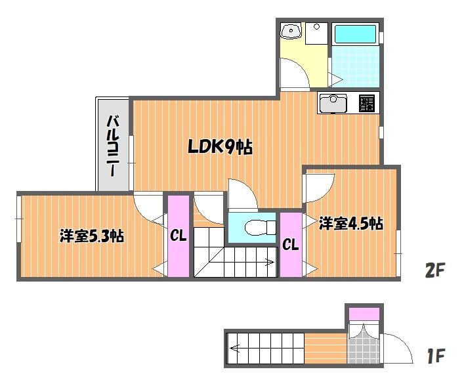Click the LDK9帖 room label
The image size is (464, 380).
(x=221, y=147)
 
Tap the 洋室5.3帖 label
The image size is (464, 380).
(x=92, y=236)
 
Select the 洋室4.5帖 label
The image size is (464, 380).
(x=351, y=224)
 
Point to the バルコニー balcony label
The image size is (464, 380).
(x=112, y=146)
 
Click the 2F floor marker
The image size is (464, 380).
(x=435, y=270)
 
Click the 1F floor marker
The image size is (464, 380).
(x=436, y=356)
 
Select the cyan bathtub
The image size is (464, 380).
(x=355, y=34)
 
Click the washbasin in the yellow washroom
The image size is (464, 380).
(x=291, y=31)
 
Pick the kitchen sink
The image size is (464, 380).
(x=333, y=104)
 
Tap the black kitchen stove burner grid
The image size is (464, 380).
(x=367, y=103)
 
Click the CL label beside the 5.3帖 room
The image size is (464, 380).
(x=178, y=236)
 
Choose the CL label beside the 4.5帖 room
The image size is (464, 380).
(x=290, y=244)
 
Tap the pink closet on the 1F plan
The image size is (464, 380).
(x=364, y=314)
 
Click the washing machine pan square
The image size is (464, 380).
(x=316, y=33)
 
